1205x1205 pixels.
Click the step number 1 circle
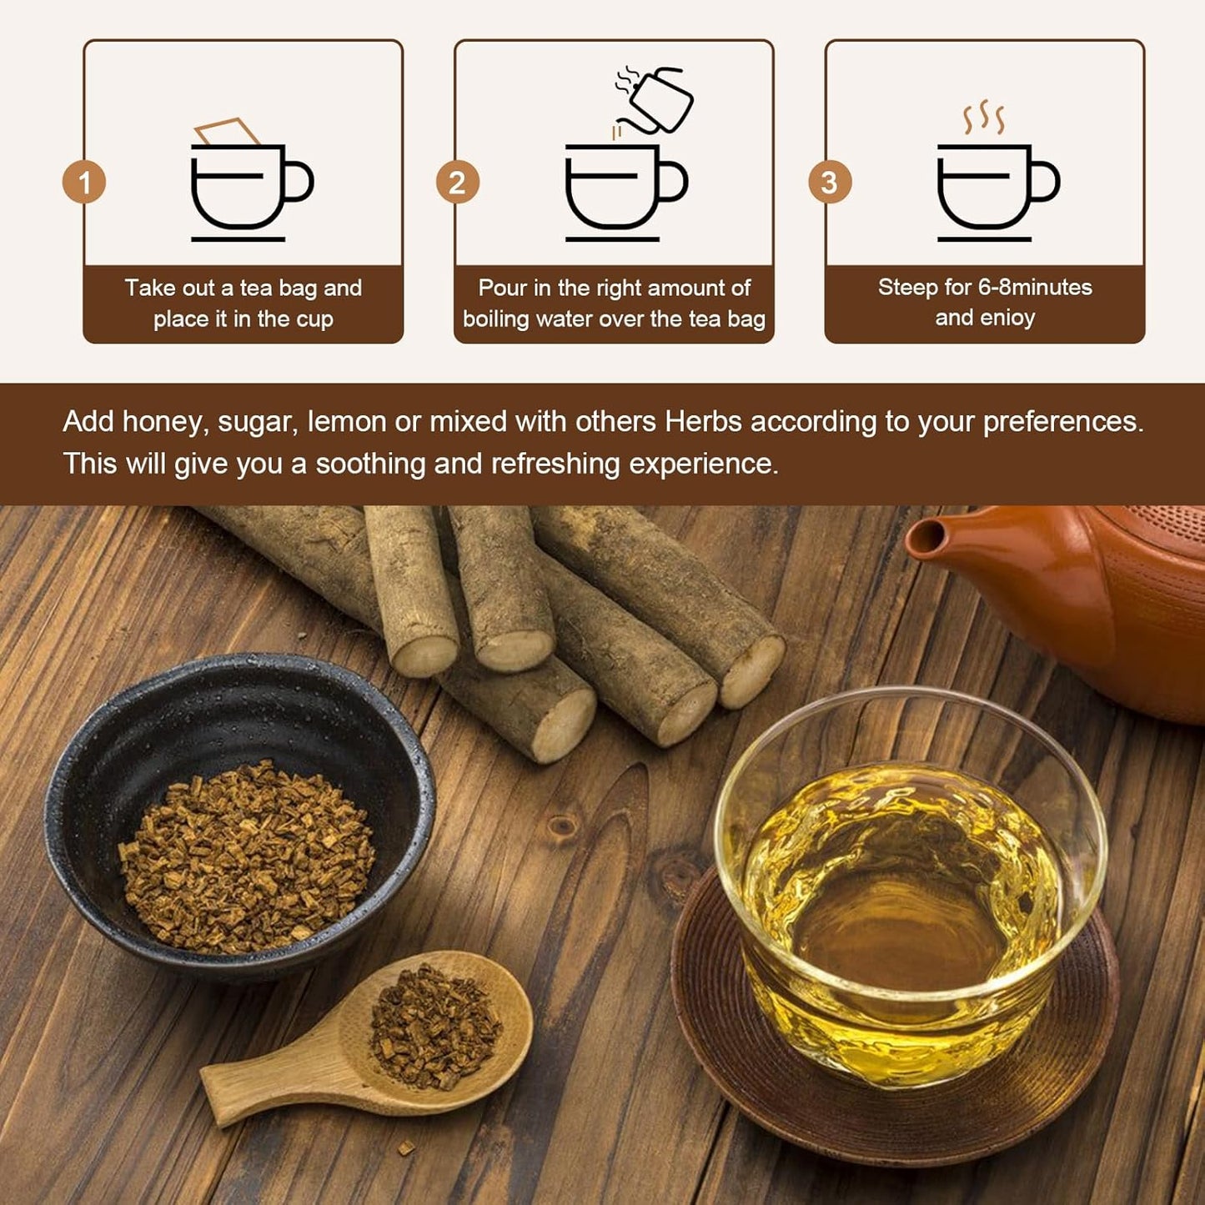tap(84, 183)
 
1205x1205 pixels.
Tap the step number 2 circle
tap(457, 183)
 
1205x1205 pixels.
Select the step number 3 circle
tap(829, 183)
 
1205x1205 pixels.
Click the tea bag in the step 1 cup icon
tap(227, 132)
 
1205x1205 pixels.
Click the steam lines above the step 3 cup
tap(984, 118)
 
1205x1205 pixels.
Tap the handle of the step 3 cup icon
tap(1047, 182)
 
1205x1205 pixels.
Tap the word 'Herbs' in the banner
tap(703, 422)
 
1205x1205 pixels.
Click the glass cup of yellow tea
tap(909, 892)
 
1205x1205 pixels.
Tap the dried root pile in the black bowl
tap(247, 859)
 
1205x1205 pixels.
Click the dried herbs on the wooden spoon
tap(435, 1027)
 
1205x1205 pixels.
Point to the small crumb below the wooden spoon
tap(405, 1150)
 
